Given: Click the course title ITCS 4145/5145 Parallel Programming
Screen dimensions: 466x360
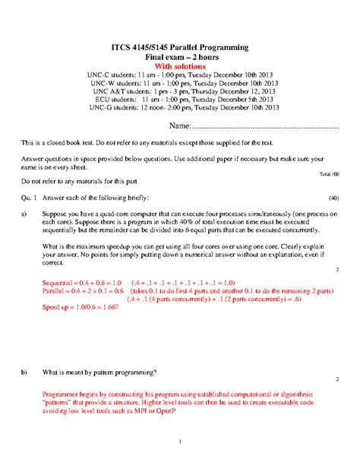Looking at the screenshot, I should [x=180, y=47].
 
